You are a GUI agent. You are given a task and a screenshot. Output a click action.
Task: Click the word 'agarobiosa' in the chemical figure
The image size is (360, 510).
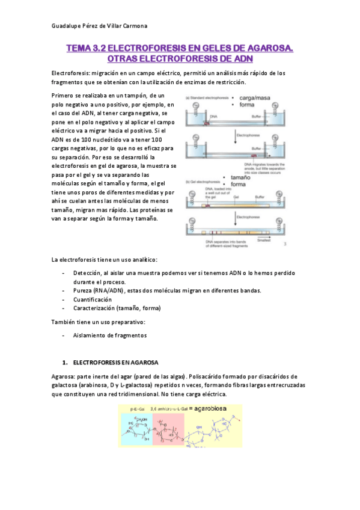(x=219, y=408)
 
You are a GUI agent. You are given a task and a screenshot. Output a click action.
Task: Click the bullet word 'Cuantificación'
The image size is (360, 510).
(x=93, y=299)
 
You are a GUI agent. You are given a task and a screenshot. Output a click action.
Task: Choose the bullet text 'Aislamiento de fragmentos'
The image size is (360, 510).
(x=110, y=336)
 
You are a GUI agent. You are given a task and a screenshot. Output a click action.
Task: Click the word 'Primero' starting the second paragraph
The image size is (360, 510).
(x=64, y=96)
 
